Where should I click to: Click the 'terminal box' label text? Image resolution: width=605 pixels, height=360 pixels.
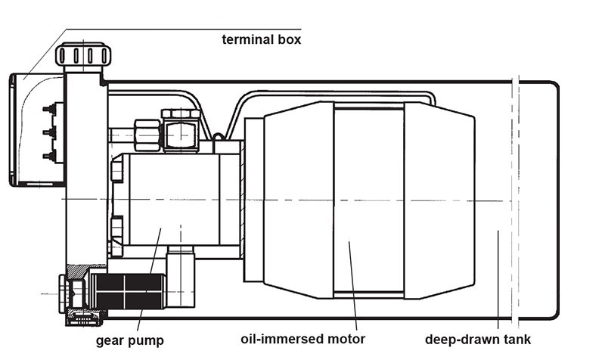261,39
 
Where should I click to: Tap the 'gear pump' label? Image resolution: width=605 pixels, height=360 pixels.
129,340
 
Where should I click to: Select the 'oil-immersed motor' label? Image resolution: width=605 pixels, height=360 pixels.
303,339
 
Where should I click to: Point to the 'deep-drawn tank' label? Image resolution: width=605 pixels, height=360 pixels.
478,340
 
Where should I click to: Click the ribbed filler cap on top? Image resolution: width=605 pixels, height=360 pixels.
83,54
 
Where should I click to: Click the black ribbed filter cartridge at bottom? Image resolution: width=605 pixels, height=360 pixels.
129,292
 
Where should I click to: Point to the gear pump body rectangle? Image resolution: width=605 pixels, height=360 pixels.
175,199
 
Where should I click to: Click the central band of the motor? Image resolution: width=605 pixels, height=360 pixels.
369,200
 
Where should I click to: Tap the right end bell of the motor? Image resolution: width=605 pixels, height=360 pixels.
439,200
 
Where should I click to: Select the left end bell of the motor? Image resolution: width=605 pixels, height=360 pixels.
299,200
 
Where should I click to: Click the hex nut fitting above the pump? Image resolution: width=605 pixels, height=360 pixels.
147,135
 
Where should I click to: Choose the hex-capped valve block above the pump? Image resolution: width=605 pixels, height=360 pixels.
181,130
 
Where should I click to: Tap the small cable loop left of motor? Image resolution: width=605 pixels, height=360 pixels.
218,137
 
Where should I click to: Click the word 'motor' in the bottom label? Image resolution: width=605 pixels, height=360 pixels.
346,340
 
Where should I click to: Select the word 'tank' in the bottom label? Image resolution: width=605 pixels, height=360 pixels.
517,340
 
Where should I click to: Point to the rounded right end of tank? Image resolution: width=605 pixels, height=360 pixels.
557,200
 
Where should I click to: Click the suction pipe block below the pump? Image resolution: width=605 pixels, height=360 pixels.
181,278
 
